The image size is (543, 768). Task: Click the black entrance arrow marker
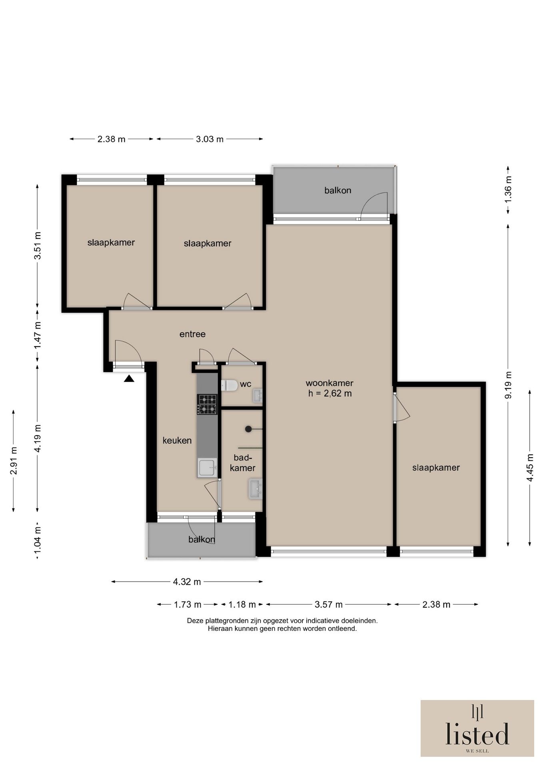coord(129,378)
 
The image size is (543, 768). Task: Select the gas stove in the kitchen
coord(207,404)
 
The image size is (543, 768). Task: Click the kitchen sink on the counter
coord(207,468)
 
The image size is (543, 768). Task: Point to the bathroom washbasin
coord(255,488)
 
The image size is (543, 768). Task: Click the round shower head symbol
coord(248,429)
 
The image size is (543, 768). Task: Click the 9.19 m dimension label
coord(508,385)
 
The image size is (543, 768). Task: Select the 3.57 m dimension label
coord(329,604)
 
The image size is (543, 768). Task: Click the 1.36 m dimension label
coord(508,189)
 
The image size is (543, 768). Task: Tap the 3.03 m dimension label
coord(210,139)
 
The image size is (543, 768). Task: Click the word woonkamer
coord(329,383)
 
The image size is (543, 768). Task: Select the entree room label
coord(192,334)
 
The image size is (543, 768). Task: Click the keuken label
coord(177,440)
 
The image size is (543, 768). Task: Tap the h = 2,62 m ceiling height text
coord(330,393)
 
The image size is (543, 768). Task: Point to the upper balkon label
coord(338,190)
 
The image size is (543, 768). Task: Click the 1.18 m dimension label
coord(242,604)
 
